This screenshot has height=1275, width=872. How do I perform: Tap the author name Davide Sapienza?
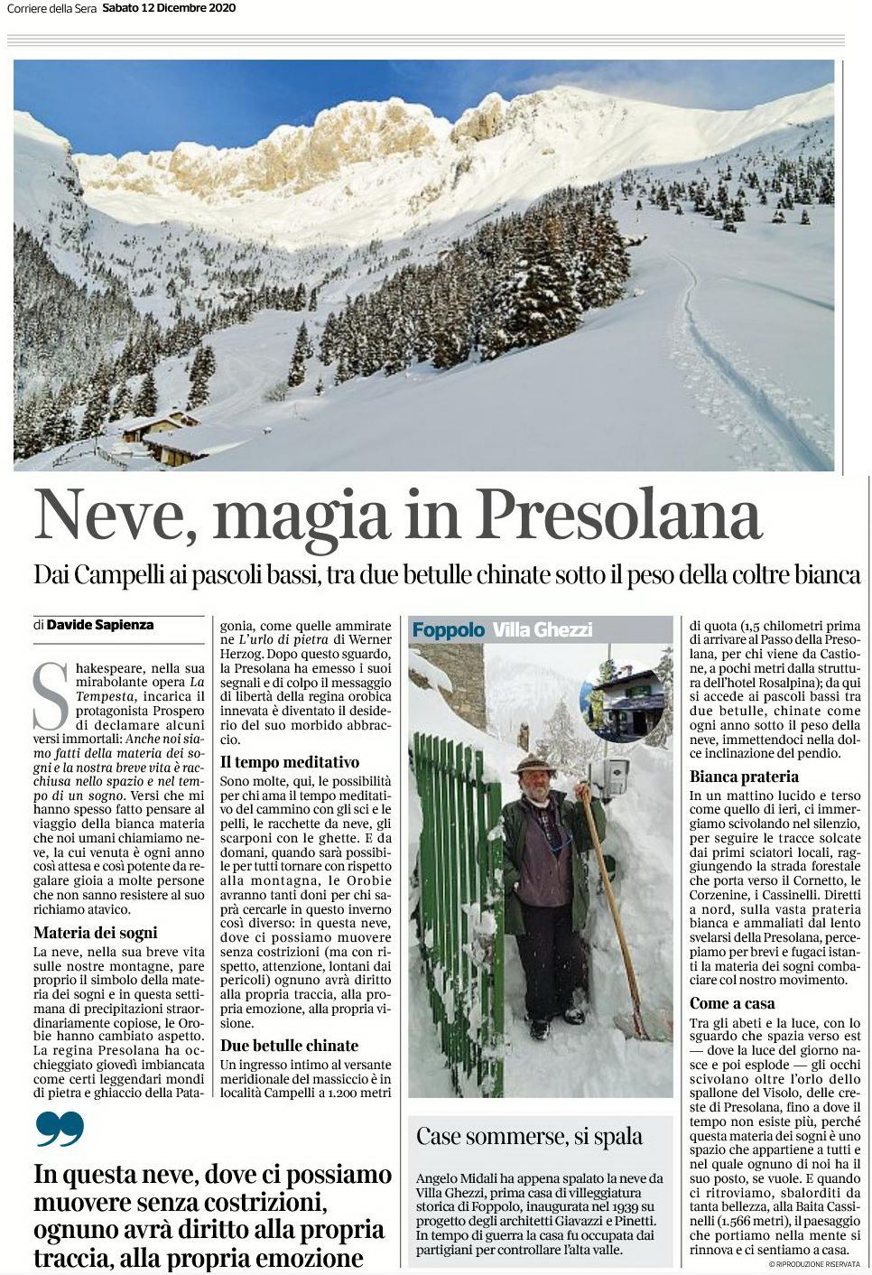(100, 624)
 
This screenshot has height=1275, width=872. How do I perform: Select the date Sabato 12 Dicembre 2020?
(169, 8)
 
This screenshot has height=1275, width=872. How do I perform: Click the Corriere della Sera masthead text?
(50, 8)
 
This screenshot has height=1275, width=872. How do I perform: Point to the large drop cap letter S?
(50, 696)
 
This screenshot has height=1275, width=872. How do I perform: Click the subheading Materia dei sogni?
(95, 933)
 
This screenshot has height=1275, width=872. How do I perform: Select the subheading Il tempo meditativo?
(289, 762)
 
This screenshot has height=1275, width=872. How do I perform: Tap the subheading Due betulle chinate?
(289, 1046)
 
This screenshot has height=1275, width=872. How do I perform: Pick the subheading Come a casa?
(732, 1003)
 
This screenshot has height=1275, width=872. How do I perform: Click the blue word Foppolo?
(449, 629)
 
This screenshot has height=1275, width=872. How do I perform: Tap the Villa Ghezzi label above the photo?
(543, 629)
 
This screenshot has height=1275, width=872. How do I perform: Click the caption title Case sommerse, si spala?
(529, 1137)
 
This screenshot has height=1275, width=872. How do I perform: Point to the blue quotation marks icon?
(60, 1129)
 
